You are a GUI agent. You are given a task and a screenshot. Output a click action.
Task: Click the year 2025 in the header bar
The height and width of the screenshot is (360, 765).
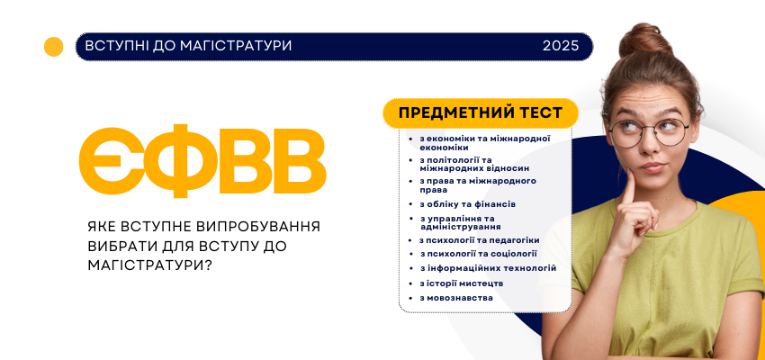[561, 45]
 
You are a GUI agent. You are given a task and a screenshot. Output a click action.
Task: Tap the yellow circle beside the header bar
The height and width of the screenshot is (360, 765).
[54, 46]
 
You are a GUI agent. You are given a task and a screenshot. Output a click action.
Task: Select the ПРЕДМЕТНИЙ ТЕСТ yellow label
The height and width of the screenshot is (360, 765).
[481, 112]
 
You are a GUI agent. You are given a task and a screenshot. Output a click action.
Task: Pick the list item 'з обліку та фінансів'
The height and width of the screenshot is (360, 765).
[468, 204]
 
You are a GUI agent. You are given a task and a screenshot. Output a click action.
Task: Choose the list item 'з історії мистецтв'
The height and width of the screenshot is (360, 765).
[462, 283]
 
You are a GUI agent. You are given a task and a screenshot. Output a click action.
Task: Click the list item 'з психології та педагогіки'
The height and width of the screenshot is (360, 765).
[480, 240]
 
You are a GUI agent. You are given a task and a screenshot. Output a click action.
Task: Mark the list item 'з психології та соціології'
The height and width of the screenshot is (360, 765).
[479, 254]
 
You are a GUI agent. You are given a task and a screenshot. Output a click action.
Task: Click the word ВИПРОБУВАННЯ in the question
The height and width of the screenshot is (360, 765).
[262, 226]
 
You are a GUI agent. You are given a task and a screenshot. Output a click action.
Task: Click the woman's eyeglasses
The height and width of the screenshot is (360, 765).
[647, 131]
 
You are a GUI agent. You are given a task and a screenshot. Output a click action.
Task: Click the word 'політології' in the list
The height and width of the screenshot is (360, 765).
[454, 159]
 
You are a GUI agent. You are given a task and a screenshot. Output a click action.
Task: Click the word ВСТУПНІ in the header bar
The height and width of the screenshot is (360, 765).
[112, 45]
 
